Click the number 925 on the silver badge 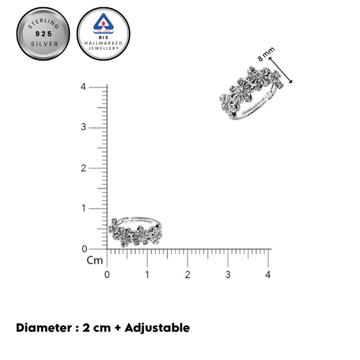pyautogui.click(x=43, y=34)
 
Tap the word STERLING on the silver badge pyautogui.click(x=43, y=23)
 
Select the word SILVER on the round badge pyautogui.click(x=44, y=44)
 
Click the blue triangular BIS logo pyautogui.click(x=103, y=23)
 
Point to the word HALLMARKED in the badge pyautogui.click(x=103, y=43)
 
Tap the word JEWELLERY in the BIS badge pyautogui.click(x=104, y=48)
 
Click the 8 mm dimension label pyautogui.click(x=266, y=54)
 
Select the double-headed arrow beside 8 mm pyautogui.click(x=280, y=70)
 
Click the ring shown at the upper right pyautogui.click(x=251, y=93)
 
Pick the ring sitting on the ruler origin pyautogui.click(x=136, y=231)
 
